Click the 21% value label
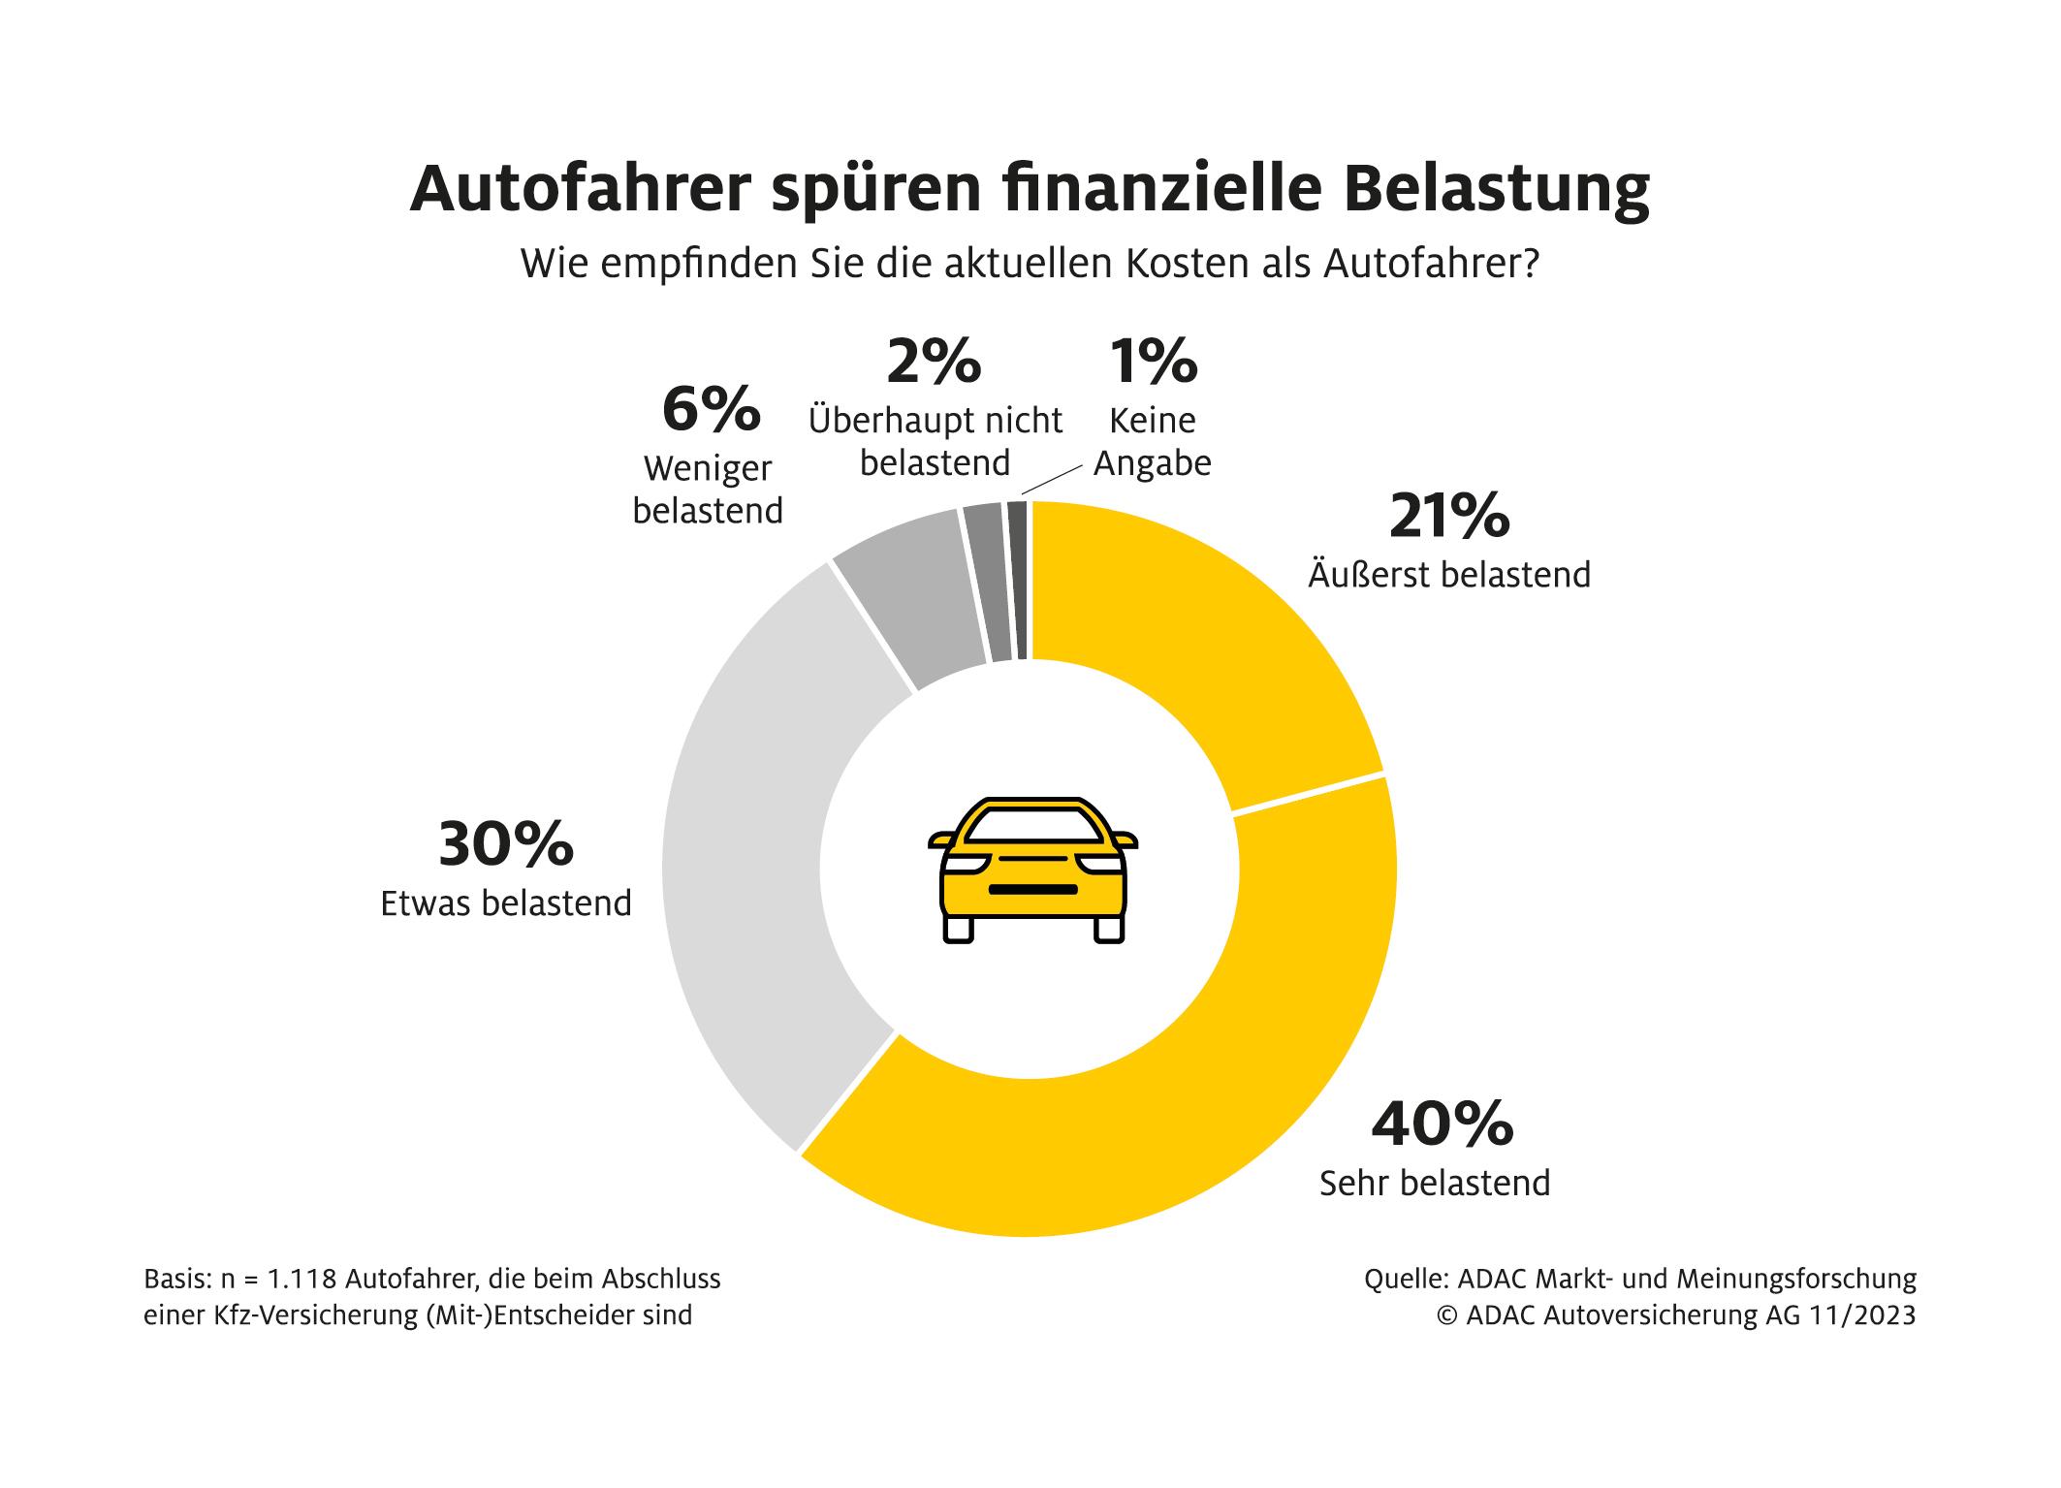click(x=1448, y=516)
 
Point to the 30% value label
click(x=505, y=844)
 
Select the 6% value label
click(x=711, y=409)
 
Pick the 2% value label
click(x=934, y=361)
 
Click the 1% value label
click(x=1153, y=361)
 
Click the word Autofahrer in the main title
click(x=581, y=191)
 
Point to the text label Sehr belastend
click(x=1435, y=1184)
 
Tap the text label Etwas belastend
click(x=506, y=903)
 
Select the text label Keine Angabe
click(x=1153, y=442)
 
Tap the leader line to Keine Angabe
click(x=1051, y=480)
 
